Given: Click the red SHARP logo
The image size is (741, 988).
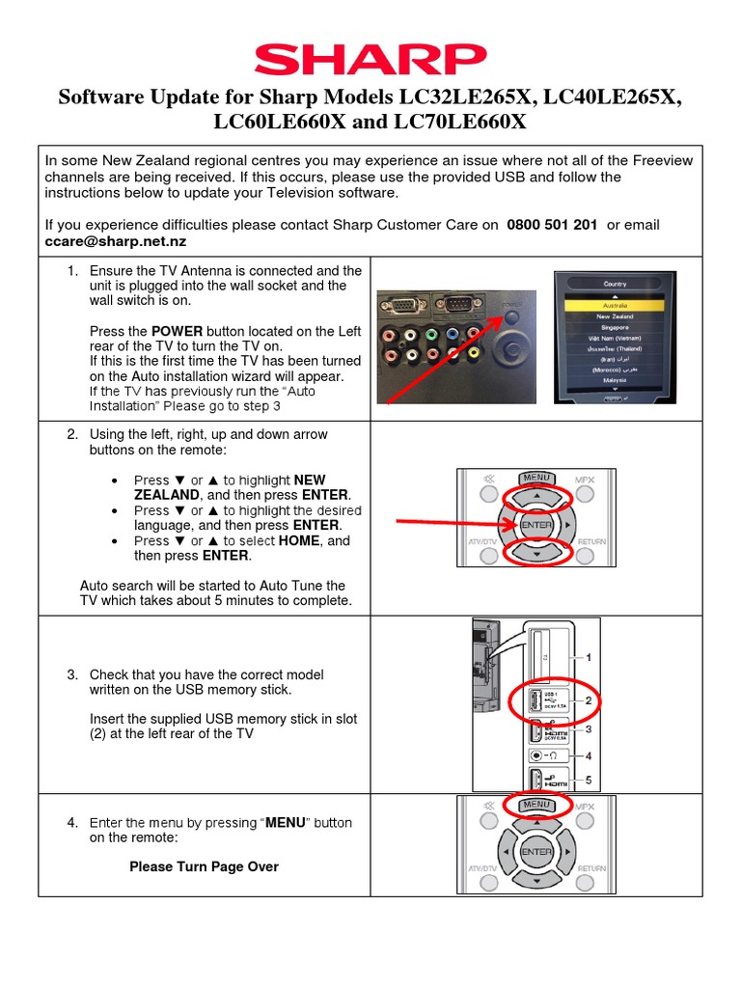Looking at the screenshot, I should [x=370, y=59].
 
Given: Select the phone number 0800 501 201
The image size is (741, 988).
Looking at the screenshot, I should [x=552, y=225].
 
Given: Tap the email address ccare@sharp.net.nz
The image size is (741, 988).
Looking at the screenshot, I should [x=116, y=240].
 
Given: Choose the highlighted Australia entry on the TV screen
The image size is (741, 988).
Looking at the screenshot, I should [x=615, y=304].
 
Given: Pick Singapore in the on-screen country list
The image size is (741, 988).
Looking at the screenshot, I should [x=615, y=327].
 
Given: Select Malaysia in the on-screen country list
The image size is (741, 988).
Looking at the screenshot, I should [x=615, y=381].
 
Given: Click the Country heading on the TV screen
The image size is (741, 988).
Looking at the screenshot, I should [x=615, y=284].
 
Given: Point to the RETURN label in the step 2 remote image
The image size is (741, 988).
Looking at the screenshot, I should [x=591, y=542].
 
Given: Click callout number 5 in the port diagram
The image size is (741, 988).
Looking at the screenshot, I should [x=588, y=781].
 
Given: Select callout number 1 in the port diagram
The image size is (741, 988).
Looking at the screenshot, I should [x=588, y=657].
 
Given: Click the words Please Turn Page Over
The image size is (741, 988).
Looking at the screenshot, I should [x=204, y=866].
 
